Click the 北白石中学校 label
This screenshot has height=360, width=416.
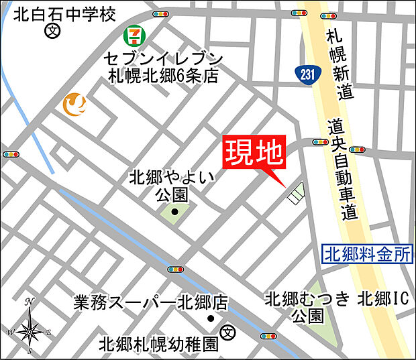60,13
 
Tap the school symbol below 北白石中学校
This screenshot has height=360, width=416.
51,30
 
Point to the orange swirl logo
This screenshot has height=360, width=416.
74,103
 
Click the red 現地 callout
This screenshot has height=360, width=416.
254,156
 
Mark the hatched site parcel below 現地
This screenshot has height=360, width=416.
295,193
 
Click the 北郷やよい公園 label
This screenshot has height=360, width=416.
173,186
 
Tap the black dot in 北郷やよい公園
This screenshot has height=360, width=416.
174,213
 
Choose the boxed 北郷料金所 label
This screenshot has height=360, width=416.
367,254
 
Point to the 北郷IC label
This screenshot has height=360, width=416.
382,299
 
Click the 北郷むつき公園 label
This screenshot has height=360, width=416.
308,306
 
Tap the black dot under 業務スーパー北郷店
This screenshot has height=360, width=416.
210,318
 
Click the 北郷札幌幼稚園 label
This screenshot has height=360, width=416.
158,345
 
